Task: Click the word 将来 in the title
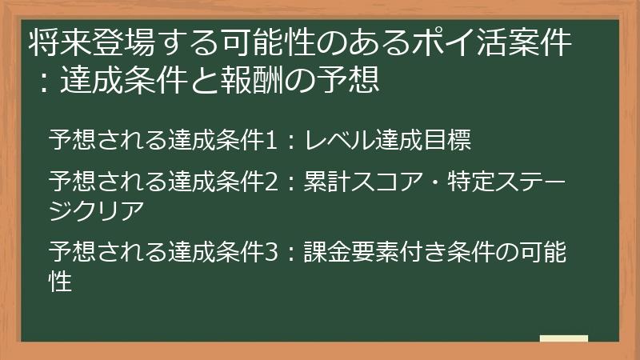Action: [54, 43]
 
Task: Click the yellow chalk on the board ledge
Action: [564, 339]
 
